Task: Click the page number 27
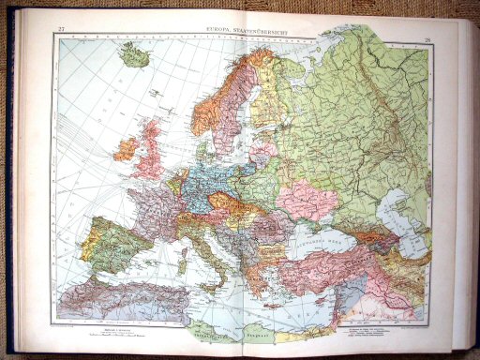click(61, 30)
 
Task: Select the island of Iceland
click(134, 57)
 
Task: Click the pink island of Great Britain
click(148, 159)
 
